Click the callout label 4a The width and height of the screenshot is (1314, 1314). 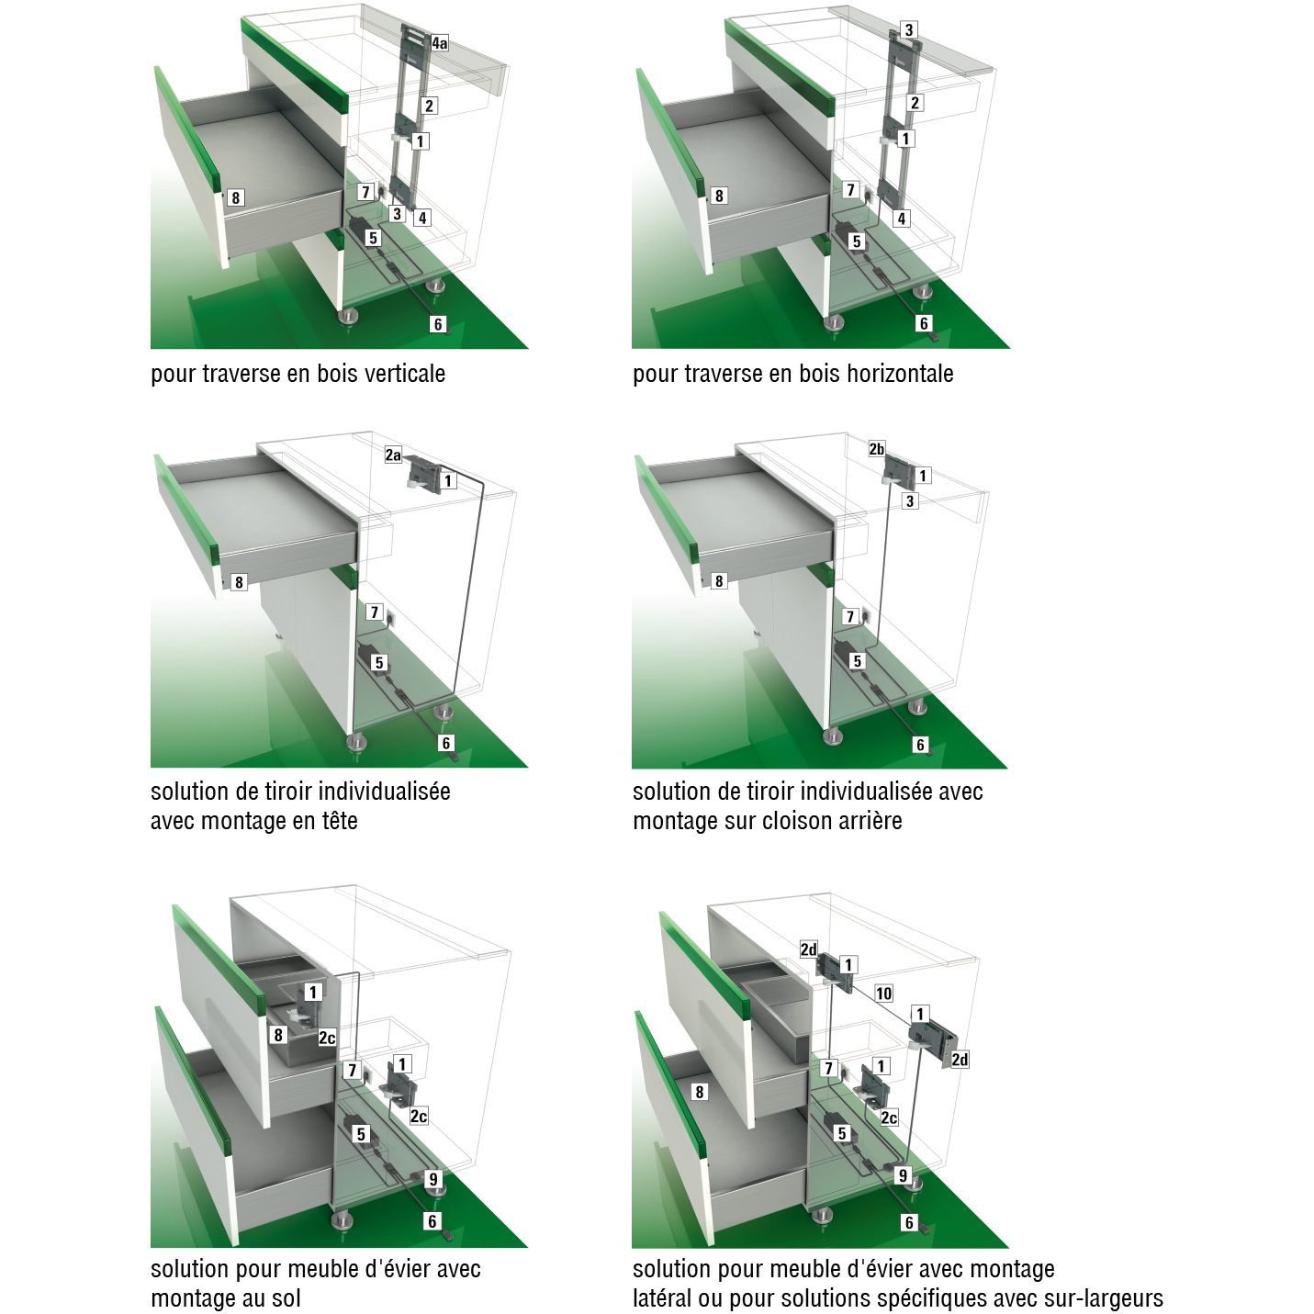pos(440,43)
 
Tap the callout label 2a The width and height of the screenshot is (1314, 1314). pos(393,455)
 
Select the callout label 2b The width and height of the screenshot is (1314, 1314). pos(877,449)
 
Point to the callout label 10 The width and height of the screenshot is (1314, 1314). pos(883,994)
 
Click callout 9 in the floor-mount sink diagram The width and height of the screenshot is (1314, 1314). pos(433,1179)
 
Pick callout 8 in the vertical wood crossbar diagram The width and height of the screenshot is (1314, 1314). pos(235,197)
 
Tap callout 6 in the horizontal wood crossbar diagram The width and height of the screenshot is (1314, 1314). pos(924,323)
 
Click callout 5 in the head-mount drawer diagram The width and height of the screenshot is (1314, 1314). pos(379,663)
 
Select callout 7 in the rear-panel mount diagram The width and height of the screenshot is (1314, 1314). pos(850,617)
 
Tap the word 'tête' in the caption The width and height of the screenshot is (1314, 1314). pos(339,821)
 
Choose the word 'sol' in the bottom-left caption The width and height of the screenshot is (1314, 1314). pos(286,1298)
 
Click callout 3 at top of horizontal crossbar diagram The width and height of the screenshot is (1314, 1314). pos(908,30)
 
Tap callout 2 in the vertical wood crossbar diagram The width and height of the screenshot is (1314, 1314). pos(429,106)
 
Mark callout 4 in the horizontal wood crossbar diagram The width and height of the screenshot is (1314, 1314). pos(902,219)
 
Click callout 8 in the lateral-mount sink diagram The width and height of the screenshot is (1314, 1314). pos(699,1092)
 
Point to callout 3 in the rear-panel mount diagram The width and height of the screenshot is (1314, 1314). pos(910,501)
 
